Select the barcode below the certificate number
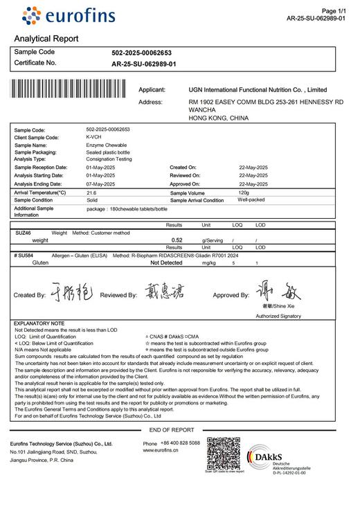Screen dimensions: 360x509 tap(72, 90)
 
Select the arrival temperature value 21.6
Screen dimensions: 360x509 tap(91, 193)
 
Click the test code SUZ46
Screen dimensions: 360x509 tap(24, 233)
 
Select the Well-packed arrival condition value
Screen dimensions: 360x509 tap(252, 200)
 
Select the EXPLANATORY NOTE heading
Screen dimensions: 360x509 tap(39, 323)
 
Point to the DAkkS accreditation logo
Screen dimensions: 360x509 tap(277, 460)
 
